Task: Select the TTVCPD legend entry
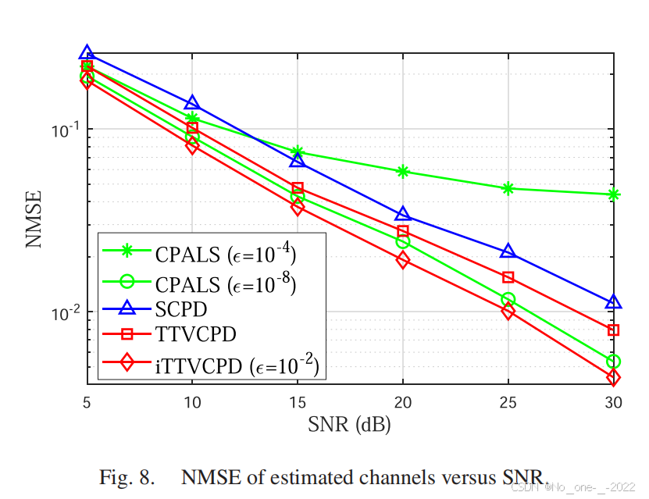[x=195, y=335]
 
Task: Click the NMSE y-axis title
[x=34, y=220]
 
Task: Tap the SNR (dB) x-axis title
[x=349, y=426]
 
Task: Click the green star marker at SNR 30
[x=613, y=194]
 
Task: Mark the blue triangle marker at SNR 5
[x=87, y=54]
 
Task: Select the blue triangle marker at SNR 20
[x=403, y=215]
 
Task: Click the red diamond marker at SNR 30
[x=613, y=378]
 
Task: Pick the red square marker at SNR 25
[x=508, y=277]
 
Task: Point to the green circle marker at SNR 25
[x=508, y=299]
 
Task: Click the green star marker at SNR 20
[x=403, y=172]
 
